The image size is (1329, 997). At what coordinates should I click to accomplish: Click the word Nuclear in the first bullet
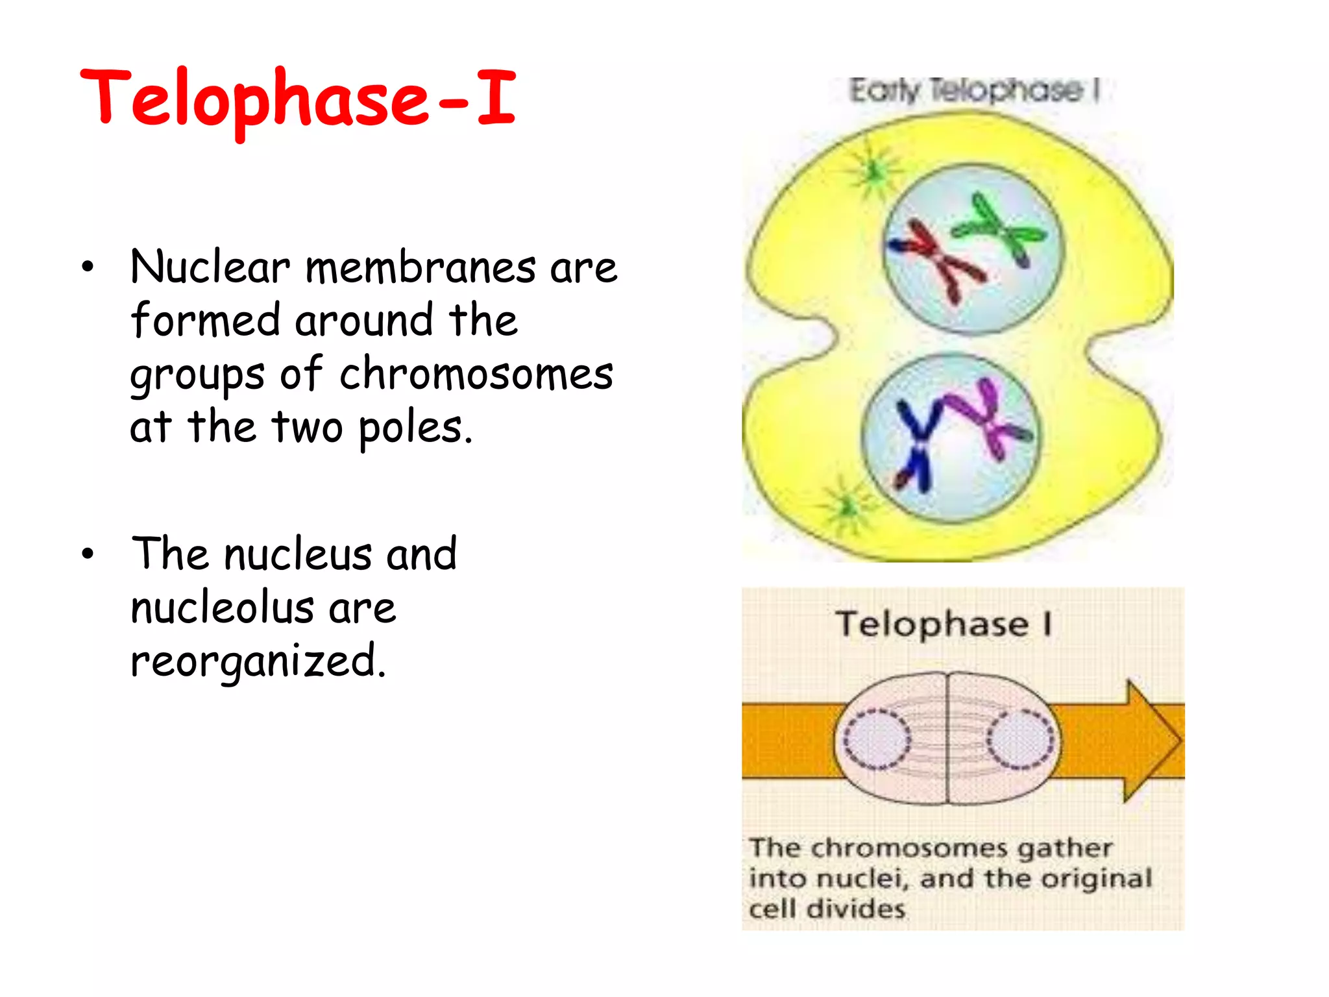coord(210,267)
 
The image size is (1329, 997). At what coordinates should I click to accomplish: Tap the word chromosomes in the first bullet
coord(476,375)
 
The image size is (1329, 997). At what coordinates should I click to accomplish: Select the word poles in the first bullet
coord(415,428)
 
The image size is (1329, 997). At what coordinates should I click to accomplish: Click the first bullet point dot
coord(88,267)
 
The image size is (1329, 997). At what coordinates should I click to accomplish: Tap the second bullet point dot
coord(88,554)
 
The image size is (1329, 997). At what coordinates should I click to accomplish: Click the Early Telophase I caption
coord(973,90)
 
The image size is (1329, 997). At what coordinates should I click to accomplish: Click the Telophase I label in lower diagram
coord(942,624)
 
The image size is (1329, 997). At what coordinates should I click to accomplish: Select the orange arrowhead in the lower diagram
coord(1152,741)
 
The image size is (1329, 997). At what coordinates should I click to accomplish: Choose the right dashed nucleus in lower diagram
coord(1021,739)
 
